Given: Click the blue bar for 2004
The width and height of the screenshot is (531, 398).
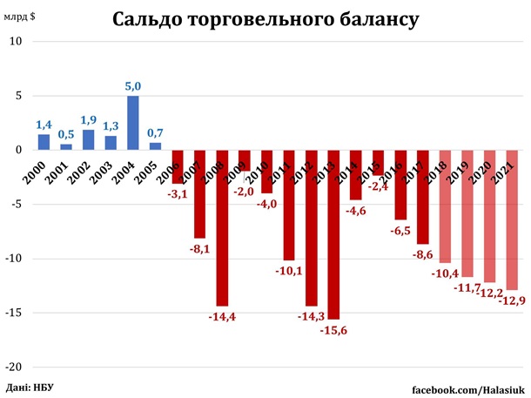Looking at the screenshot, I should (132, 123).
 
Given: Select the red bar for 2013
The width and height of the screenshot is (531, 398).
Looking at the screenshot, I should (334, 235).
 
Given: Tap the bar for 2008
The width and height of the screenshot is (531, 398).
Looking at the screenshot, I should (222, 228).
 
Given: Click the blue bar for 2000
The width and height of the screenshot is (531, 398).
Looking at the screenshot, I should (43, 142).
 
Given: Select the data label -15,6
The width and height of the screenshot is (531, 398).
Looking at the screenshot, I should (334, 331).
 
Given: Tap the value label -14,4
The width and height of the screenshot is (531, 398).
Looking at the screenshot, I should (222, 316).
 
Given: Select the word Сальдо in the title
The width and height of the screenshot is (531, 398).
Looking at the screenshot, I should (158, 18).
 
